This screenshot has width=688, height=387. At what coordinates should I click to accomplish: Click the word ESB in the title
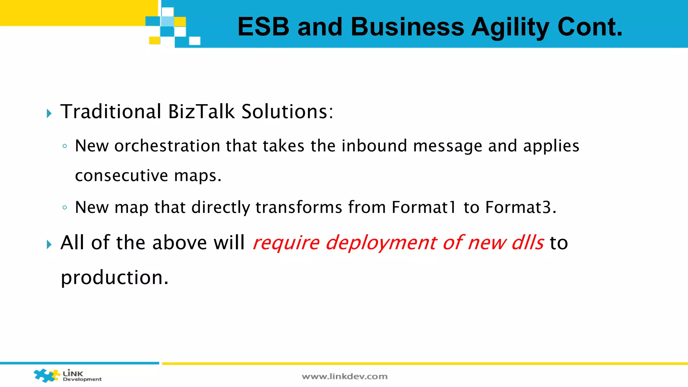(263, 27)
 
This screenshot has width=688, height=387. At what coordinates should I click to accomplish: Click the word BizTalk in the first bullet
(201, 112)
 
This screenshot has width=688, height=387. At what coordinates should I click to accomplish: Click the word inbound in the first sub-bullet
(374, 146)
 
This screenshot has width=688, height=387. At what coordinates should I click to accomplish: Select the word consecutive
(121, 176)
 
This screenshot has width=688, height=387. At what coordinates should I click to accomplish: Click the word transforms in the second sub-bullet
(299, 207)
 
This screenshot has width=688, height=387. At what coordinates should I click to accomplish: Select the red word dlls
(527, 243)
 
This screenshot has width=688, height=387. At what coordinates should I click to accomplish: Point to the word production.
(115, 278)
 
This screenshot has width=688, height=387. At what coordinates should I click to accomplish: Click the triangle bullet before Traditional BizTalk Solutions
(49, 114)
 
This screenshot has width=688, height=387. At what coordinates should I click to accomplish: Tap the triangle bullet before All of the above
(49, 245)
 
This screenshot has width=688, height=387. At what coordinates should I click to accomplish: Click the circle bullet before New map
(65, 208)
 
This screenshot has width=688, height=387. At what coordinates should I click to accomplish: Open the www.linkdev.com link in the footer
(344, 377)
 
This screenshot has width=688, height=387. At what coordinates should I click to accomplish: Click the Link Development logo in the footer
(67, 376)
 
